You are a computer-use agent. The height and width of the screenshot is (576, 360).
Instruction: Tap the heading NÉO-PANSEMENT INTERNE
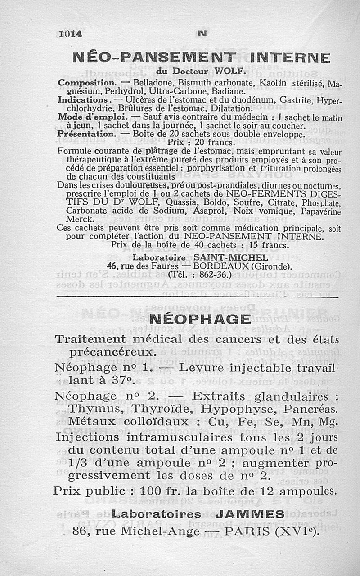click(x=202, y=58)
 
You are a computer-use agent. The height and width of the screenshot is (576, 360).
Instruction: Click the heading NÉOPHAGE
click(x=200, y=320)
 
